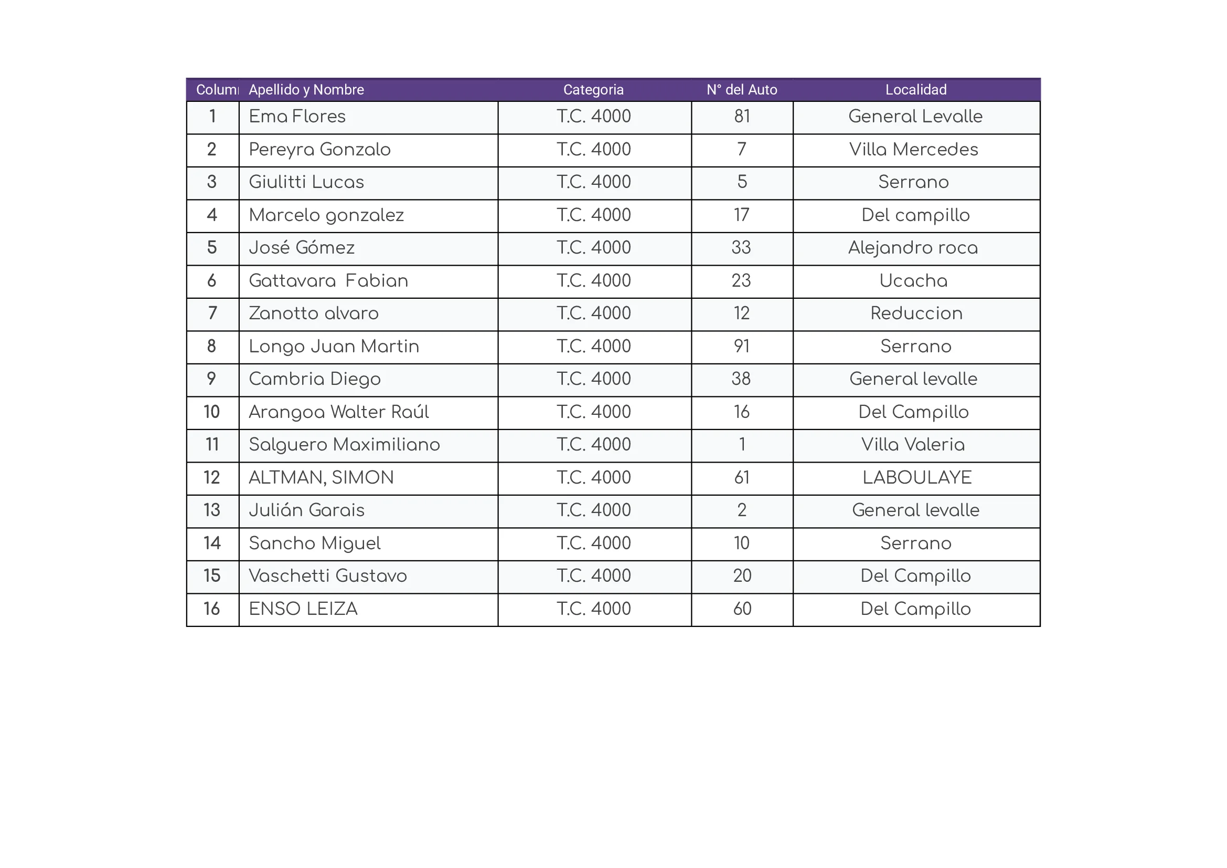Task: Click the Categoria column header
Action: tap(593, 90)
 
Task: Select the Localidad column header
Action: tap(915, 90)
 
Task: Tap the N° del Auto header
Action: tap(742, 90)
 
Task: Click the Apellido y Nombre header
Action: tap(306, 90)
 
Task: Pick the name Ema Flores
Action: tap(297, 117)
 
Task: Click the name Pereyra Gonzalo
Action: tap(319, 150)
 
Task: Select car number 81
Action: tap(742, 117)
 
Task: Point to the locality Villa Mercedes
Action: tap(913, 150)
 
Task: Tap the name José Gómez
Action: tap(302, 248)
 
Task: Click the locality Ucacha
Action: tap(913, 281)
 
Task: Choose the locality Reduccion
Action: tap(916, 313)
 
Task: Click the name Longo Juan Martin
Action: tap(334, 347)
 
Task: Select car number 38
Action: tap(741, 379)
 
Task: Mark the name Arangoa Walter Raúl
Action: tap(339, 412)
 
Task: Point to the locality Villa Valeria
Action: tap(913, 445)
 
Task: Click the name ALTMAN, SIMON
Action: tap(321, 478)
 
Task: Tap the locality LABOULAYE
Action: tap(916, 478)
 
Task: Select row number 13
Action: tap(211, 510)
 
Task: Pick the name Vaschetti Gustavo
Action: tap(327, 576)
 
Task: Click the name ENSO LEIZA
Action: tap(303, 609)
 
